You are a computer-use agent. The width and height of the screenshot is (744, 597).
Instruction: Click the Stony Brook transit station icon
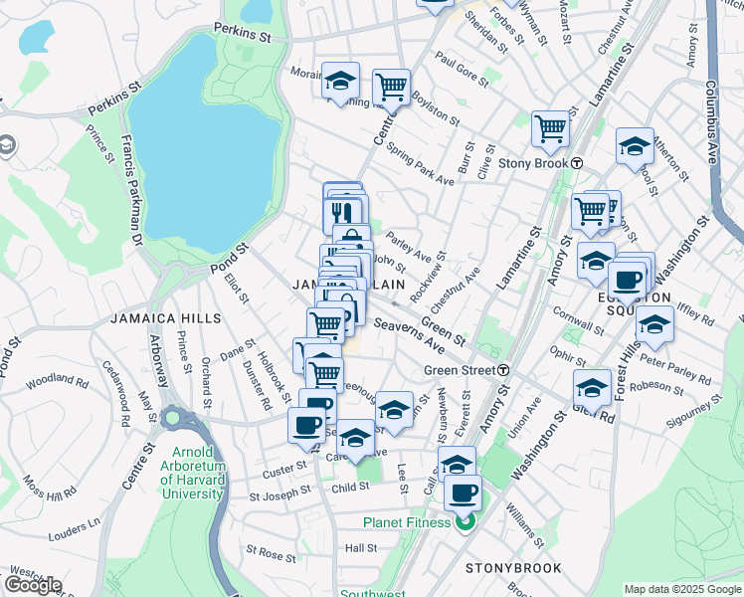point(577,163)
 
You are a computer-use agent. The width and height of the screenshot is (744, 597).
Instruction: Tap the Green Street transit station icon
point(504,370)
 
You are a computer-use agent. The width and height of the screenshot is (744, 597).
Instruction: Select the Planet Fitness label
point(408,522)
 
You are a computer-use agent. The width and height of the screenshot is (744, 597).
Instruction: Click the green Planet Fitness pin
point(465,522)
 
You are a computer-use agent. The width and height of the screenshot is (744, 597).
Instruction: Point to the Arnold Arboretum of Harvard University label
point(193,480)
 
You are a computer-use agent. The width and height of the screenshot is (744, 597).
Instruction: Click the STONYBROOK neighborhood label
point(513,568)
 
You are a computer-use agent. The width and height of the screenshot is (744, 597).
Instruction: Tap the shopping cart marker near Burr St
point(550,127)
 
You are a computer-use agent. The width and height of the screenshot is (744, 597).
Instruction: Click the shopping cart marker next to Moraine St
point(392,87)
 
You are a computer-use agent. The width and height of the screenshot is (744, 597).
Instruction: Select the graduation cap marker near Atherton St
point(635,146)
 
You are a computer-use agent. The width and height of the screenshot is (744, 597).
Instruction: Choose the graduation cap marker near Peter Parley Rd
point(654,323)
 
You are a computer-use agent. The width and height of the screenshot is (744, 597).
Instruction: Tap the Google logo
point(33,585)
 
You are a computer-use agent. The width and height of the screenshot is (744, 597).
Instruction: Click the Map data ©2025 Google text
point(681,589)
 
